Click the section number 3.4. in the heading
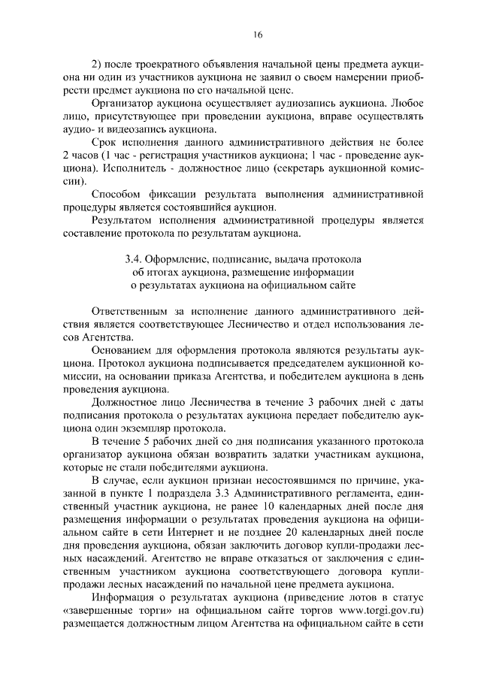click(x=134, y=259)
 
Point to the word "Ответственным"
click(x=128, y=311)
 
